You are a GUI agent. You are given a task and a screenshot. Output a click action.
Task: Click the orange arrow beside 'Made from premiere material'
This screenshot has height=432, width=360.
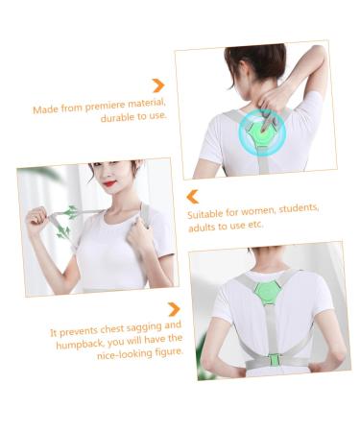click(x=157, y=85)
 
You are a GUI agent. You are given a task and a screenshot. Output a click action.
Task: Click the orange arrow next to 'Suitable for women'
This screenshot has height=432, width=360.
click(x=192, y=195)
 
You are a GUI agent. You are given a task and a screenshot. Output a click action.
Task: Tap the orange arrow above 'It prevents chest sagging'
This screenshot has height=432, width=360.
click(x=174, y=309)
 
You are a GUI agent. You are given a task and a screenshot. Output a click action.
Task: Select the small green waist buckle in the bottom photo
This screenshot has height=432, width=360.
click(x=274, y=359)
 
